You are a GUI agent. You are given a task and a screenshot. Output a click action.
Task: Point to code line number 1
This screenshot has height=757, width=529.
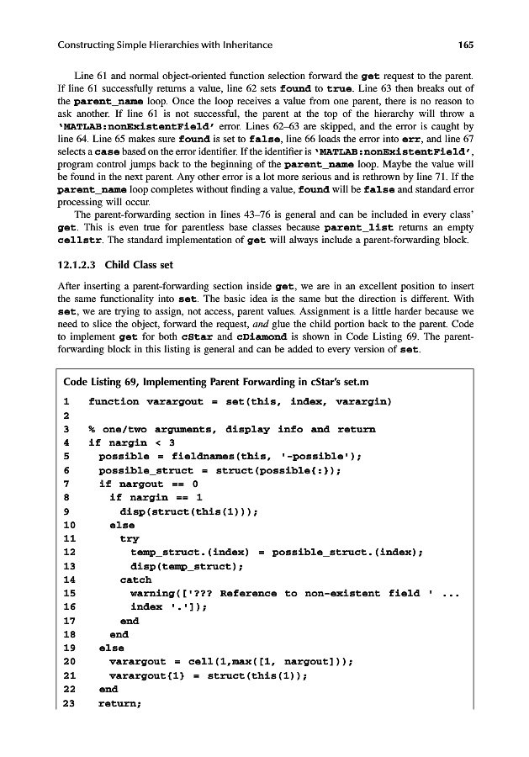(66, 402)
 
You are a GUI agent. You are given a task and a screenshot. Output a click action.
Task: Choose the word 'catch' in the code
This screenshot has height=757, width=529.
(135, 580)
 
